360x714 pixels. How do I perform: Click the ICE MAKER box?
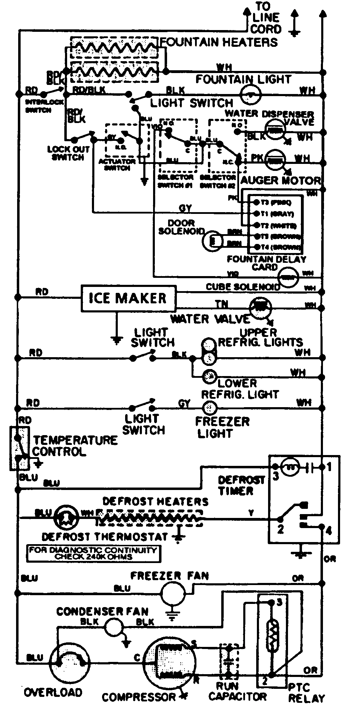point(128,298)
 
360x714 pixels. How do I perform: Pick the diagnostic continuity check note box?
point(93,553)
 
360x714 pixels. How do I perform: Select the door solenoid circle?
point(213,240)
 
